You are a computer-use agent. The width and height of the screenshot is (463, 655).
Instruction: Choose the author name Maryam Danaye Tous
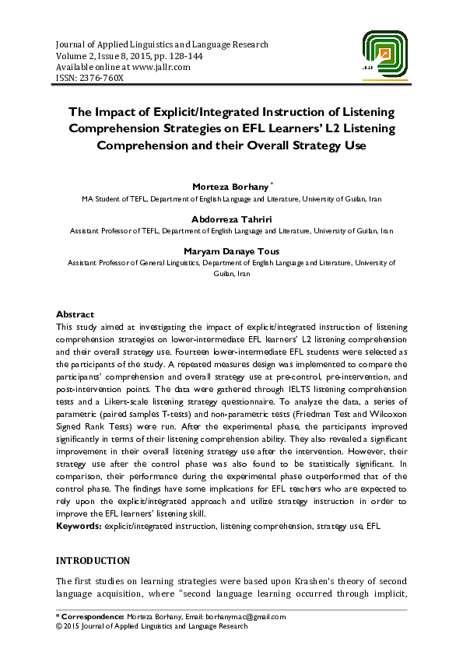231,252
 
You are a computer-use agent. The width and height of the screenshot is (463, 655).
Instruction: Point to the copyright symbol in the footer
59,625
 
